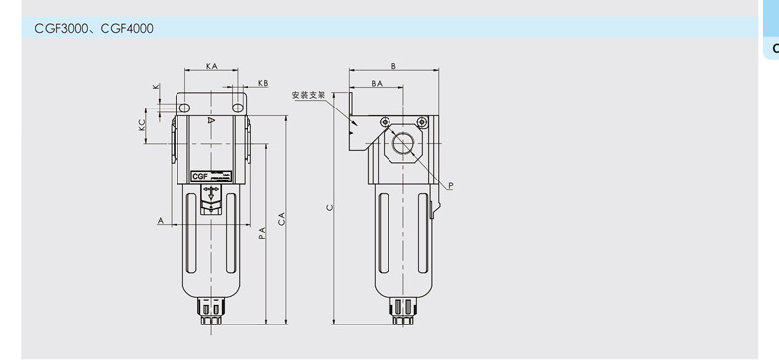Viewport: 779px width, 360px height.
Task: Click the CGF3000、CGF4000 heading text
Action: click(94, 29)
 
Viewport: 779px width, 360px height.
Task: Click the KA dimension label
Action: click(212, 66)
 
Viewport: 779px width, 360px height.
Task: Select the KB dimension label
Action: click(263, 83)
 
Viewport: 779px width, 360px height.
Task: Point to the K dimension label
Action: click(157, 86)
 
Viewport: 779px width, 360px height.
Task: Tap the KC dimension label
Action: click(142, 125)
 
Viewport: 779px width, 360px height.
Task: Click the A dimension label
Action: click(161, 220)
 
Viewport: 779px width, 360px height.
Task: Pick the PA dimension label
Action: click(263, 233)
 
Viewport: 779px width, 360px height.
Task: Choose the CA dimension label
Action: click(282, 219)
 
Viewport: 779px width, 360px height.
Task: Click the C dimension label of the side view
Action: click(329, 208)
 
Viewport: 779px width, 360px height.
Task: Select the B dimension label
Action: click(393, 66)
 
